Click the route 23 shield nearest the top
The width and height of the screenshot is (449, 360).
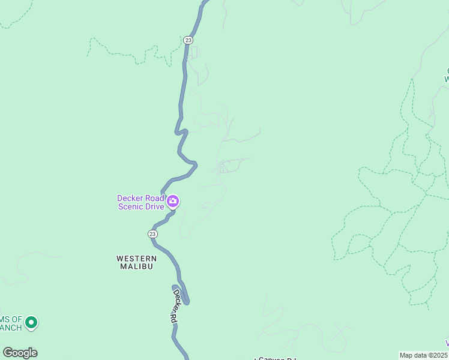[188, 40]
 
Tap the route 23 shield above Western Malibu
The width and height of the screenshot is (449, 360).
[152, 233]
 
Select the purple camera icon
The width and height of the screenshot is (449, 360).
[173, 202]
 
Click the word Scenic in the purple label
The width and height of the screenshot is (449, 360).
[131, 207]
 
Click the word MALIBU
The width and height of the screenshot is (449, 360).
[136, 266]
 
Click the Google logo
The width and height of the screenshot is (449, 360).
[20, 353]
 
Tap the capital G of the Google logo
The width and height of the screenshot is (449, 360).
[7, 353]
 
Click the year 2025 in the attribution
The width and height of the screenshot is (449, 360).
[440, 355]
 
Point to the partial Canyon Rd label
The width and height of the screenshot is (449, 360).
[277, 358]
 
